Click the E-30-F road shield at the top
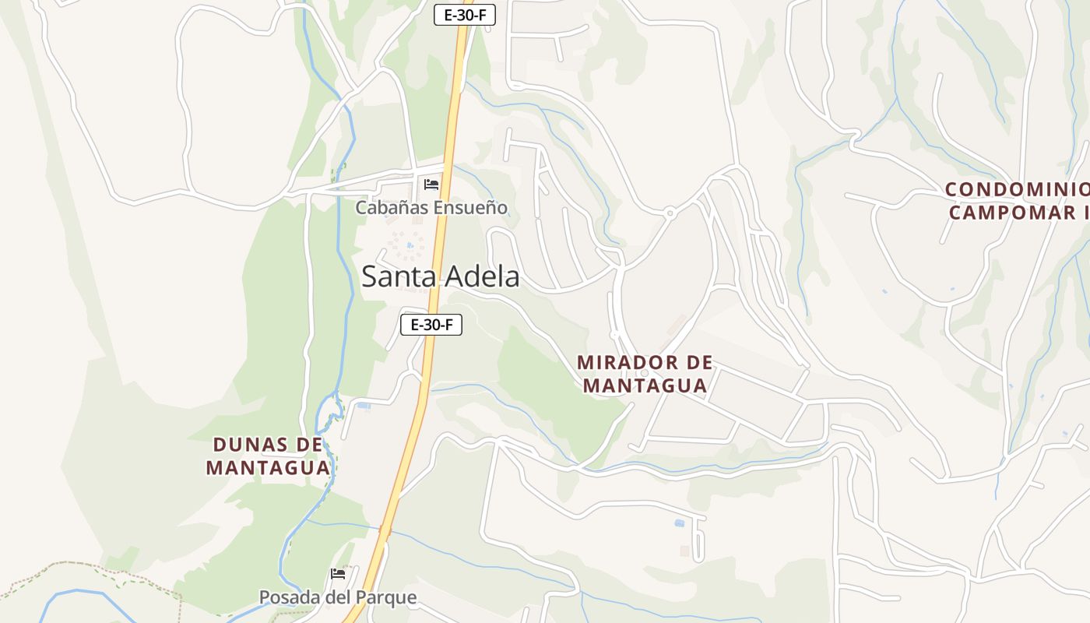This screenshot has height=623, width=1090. [x=464, y=14]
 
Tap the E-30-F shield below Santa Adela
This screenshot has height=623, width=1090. [x=431, y=325]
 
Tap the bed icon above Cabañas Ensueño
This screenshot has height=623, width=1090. [x=431, y=185]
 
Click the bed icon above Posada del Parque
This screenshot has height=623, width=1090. [x=338, y=574]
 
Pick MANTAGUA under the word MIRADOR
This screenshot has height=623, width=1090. [x=645, y=385]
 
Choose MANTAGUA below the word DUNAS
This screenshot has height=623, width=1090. [x=269, y=467]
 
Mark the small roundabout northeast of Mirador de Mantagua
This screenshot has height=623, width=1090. [x=670, y=212]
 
